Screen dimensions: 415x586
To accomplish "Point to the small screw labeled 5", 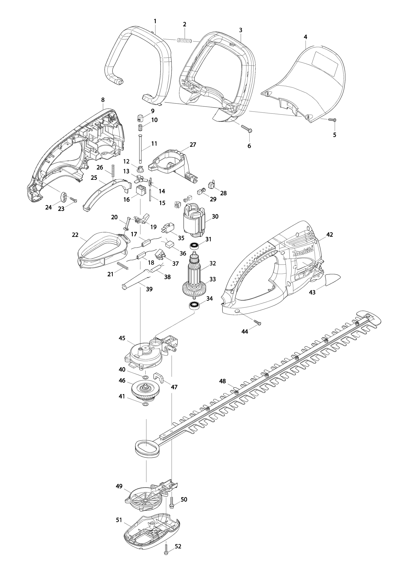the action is click(332, 119).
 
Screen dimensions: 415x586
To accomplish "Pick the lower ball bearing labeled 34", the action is click(195, 305).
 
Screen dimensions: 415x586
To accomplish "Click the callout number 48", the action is click(222, 388).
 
